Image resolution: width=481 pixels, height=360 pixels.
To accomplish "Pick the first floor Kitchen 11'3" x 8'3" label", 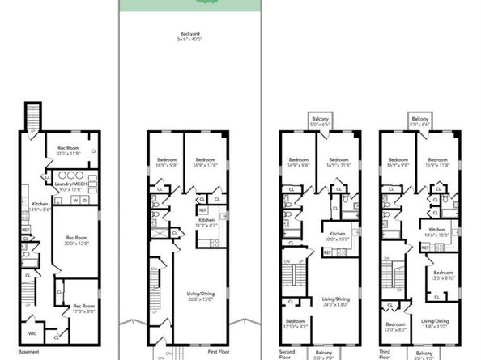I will click(205, 223).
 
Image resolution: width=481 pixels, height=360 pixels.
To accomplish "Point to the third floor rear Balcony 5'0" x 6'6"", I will click(419, 121).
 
